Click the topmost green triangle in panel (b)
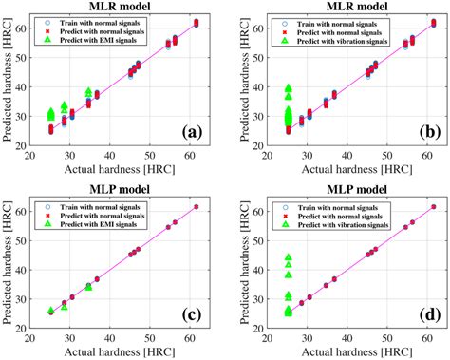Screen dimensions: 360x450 point(289,88)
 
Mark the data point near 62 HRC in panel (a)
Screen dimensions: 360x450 point(196,22)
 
